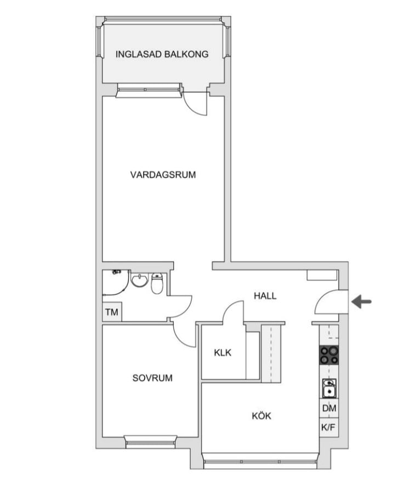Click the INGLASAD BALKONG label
(x=162, y=54)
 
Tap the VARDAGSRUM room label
(x=163, y=175)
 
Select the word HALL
(x=265, y=296)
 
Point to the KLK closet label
(x=223, y=353)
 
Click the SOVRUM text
(x=152, y=378)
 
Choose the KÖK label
(x=261, y=416)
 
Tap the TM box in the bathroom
(x=112, y=312)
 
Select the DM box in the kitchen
(x=329, y=408)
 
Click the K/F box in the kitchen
(x=329, y=428)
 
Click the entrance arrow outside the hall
(x=362, y=302)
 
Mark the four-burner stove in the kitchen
(x=329, y=356)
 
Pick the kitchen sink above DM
(x=329, y=388)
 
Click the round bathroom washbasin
(x=139, y=281)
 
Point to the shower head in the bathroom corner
(x=116, y=272)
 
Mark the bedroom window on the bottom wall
(x=151, y=441)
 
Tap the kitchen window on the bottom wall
(x=260, y=463)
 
